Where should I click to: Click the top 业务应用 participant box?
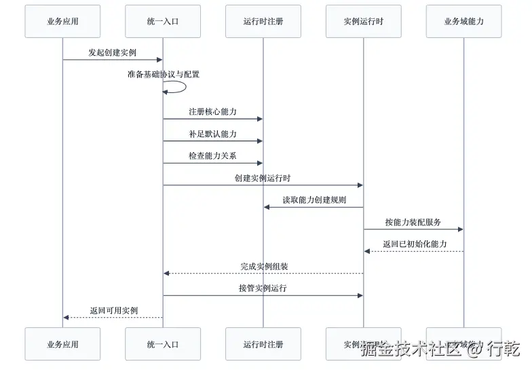click(62, 21)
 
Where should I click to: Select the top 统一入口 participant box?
click(163, 21)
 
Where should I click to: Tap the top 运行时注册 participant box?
click(263, 21)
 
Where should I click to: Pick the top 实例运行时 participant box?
click(363, 21)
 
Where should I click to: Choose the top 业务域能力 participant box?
click(464, 21)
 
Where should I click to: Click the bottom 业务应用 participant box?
click(62, 344)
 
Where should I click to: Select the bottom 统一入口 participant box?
click(163, 344)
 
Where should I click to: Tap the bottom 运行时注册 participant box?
click(263, 344)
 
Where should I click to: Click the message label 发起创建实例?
click(112, 52)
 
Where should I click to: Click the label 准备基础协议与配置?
click(164, 74)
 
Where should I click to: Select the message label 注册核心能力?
click(212, 111)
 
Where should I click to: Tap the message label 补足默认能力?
click(212, 134)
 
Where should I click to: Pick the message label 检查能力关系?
click(212, 155)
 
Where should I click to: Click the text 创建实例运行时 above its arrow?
click(263, 178)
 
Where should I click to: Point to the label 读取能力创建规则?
click(314, 200)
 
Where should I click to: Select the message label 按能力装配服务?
click(413, 222)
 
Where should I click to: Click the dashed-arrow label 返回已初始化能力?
click(414, 244)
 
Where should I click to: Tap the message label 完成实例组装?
click(264, 266)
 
